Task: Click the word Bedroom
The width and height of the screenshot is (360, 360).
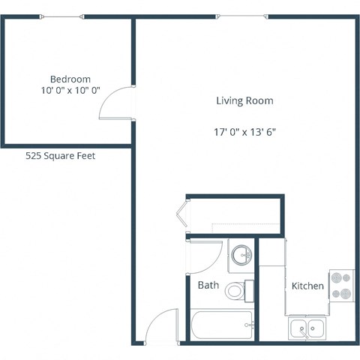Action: point(70,79)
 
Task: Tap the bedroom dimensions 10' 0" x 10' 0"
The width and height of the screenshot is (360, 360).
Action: point(70,92)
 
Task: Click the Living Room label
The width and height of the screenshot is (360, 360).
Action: point(244,100)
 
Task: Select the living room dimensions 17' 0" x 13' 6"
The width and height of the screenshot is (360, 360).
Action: point(244,131)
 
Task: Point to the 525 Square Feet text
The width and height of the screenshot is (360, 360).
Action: point(61,156)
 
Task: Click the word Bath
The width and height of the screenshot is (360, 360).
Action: point(208,285)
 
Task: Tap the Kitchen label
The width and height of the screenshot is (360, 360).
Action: point(307,286)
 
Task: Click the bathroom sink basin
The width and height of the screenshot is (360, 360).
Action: point(241,256)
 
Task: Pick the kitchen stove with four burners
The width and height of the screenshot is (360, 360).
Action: point(340,285)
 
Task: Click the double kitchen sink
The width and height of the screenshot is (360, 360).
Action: point(307,328)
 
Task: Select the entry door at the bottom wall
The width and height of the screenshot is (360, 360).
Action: point(160,328)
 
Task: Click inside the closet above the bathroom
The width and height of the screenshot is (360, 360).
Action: point(234,216)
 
